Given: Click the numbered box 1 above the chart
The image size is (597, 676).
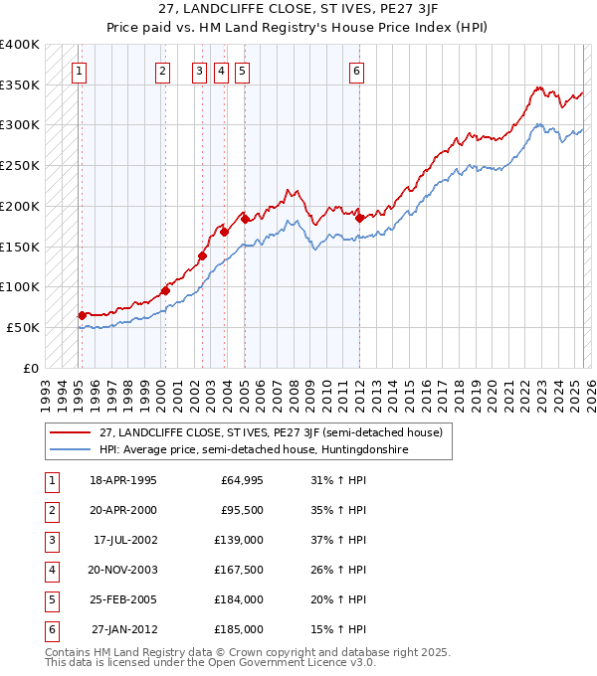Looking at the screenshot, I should click(x=78, y=71).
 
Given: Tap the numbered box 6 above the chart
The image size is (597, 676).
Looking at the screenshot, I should click(x=355, y=71).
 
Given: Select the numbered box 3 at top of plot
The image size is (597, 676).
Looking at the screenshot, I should click(x=199, y=71).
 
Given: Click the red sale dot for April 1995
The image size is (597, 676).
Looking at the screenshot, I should click(x=83, y=315).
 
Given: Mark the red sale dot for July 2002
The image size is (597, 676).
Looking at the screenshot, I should click(x=202, y=255).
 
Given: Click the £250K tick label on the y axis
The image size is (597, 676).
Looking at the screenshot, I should click(x=20, y=165).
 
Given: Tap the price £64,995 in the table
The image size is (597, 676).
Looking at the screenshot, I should click(x=242, y=481).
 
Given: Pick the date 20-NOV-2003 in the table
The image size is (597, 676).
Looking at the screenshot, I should click(x=123, y=570).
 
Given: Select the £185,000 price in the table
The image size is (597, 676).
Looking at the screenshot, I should click(x=240, y=629).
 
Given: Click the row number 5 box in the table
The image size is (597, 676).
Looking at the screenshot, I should click(x=51, y=599).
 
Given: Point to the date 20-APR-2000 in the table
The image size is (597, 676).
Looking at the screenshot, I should click(x=123, y=511).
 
